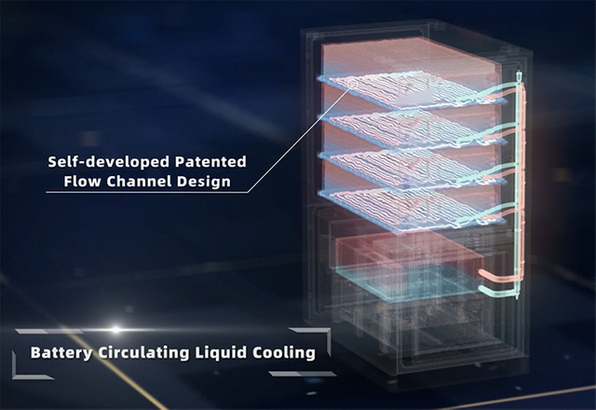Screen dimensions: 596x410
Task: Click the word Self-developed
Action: (109, 162)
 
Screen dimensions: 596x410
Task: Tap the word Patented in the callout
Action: (210, 161)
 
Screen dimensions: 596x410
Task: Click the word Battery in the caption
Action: (61, 352)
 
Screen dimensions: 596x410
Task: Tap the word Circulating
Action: (143, 352)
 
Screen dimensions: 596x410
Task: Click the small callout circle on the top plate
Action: (353, 83)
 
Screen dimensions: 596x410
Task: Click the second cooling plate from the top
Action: (414, 130)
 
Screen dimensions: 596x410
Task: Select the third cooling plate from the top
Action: (413, 169)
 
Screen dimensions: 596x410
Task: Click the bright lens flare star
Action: (115, 329)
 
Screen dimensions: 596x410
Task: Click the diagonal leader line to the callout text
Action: (299, 140)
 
